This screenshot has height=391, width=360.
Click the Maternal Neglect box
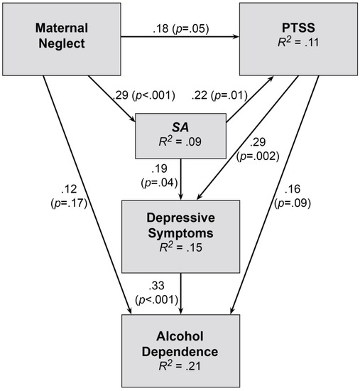pyautogui.click(x=62, y=39)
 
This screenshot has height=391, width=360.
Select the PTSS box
pyautogui.click(x=298, y=39)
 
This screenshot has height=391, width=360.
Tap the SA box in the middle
pyautogui.click(x=180, y=136)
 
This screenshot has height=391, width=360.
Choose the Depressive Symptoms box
pyautogui.click(x=180, y=237)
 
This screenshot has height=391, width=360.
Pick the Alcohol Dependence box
pyautogui.click(x=180, y=351)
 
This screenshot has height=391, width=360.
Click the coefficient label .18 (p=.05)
pyautogui.click(x=181, y=28)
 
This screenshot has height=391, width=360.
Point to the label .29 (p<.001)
pyautogui.click(x=144, y=95)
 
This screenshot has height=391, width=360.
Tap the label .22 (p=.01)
pyautogui.click(x=219, y=95)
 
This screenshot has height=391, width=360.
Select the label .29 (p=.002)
pyautogui.click(x=258, y=149)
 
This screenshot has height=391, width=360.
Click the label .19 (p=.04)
pyautogui.click(x=160, y=176)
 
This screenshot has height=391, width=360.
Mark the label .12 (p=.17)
pyautogui.click(x=69, y=196)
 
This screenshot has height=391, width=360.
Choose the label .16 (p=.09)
pyautogui.click(x=293, y=196)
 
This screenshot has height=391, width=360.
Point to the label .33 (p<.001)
pyautogui.click(x=157, y=293)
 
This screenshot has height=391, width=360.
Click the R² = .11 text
pyautogui.click(x=298, y=42)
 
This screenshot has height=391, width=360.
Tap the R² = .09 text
pyautogui.click(x=180, y=141)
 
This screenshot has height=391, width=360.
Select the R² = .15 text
pyautogui.click(x=180, y=247)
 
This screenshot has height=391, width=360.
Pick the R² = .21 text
pyautogui.click(x=180, y=366)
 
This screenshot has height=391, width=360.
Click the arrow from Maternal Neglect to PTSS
pyautogui.click(x=180, y=37)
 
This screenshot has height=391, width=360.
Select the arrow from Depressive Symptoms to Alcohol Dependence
pyautogui.click(x=181, y=294)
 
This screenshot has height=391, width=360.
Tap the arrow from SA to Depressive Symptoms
pyautogui.click(x=181, y=180)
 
